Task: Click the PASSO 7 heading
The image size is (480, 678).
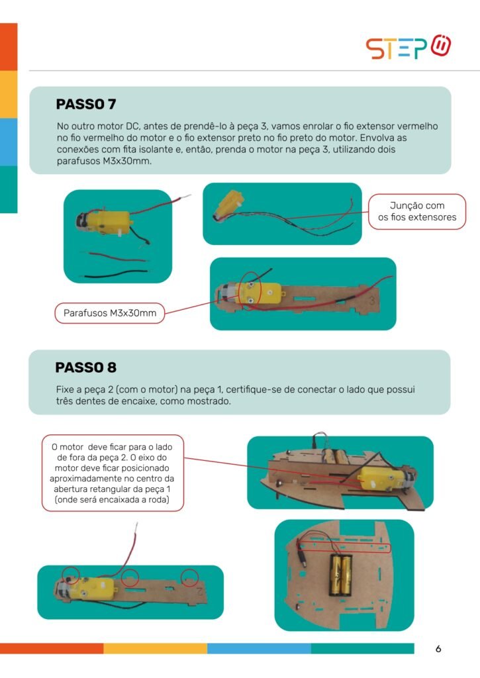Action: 86,104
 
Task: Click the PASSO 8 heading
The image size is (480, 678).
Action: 86,367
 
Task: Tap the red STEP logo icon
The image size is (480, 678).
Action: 441,46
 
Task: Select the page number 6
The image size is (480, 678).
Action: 438,649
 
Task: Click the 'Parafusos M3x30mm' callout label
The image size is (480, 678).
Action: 110,313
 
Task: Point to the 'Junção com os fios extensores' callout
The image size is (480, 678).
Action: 417,211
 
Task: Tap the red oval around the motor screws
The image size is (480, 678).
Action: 251,291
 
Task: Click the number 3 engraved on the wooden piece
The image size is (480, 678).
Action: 372,300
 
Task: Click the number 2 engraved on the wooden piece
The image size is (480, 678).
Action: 200,591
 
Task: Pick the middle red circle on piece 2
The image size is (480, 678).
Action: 130,577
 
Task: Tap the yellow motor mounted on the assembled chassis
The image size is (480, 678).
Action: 382,479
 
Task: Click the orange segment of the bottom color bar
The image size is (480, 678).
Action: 52,648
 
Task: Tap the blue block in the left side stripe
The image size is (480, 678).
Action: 9,142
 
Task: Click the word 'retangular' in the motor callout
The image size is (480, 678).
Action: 124,489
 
